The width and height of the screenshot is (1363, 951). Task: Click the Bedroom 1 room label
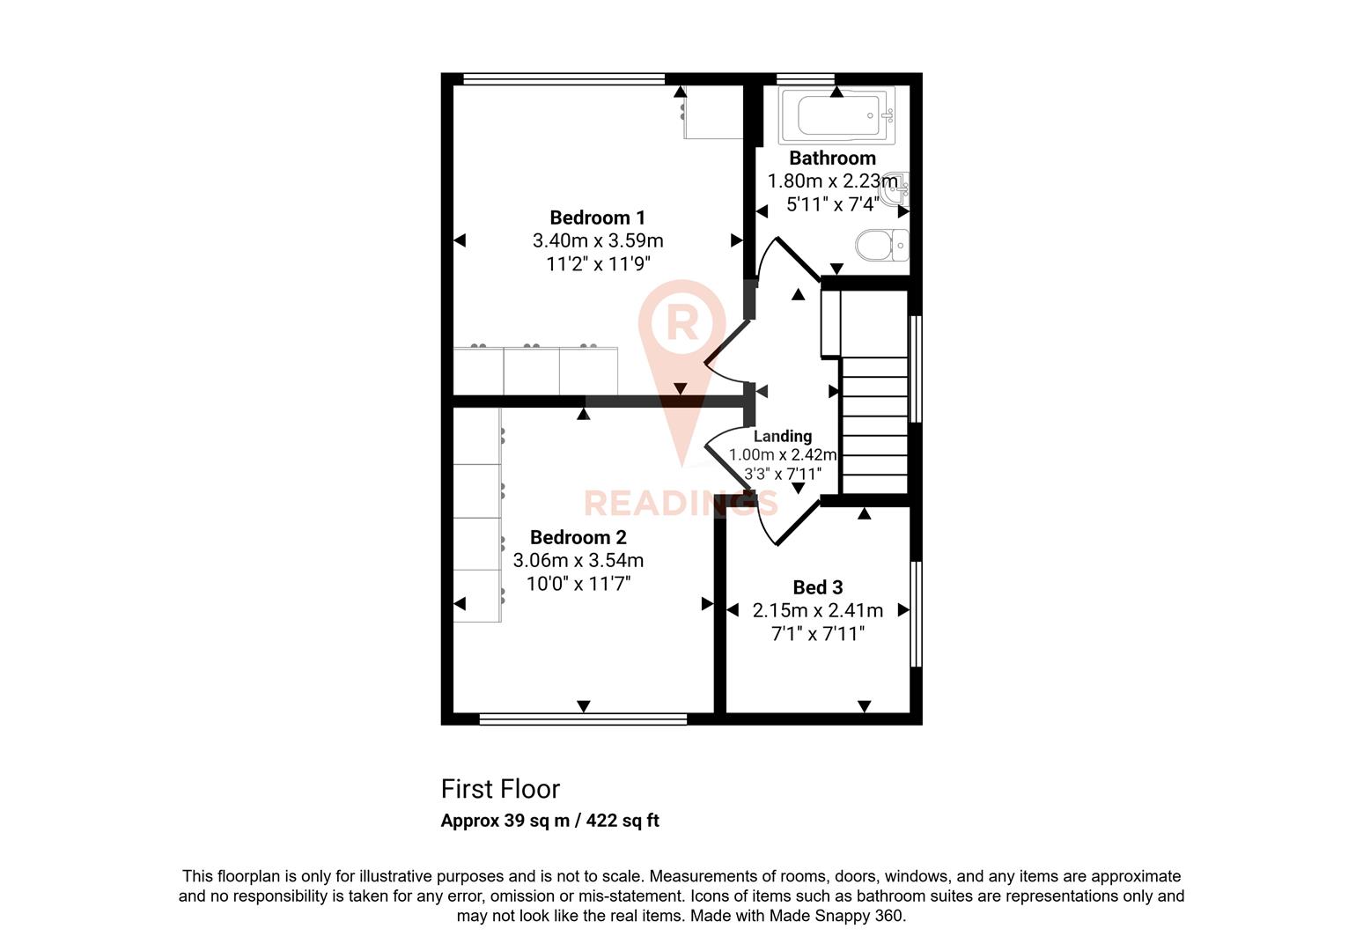click(597, 217)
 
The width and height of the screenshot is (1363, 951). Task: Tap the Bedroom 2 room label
click(578, 537)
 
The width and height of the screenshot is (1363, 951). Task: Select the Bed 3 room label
click(817, 587)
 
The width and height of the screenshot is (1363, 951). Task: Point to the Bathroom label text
click(832, 158)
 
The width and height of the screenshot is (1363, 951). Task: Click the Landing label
click(782, 436)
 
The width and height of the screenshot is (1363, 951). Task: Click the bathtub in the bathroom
click(836, 115)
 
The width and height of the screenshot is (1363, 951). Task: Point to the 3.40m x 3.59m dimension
click(597, 240)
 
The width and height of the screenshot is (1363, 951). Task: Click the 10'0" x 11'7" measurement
click(578, 583)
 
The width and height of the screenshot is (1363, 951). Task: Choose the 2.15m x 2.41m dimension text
click(817, 610)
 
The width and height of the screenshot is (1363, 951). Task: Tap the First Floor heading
click(500, 789)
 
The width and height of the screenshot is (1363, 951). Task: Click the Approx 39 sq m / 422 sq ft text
click(549, 821)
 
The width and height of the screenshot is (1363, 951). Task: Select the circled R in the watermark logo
click(681, 322)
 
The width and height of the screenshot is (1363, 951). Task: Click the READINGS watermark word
click(681, 503)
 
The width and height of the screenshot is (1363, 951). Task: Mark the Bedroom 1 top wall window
click(564, 79)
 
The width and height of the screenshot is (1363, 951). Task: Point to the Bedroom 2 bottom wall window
click(582, 719)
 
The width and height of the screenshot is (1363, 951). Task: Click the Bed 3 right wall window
click(916, 614)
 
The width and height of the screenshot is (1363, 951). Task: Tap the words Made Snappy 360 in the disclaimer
click(836, 916)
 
